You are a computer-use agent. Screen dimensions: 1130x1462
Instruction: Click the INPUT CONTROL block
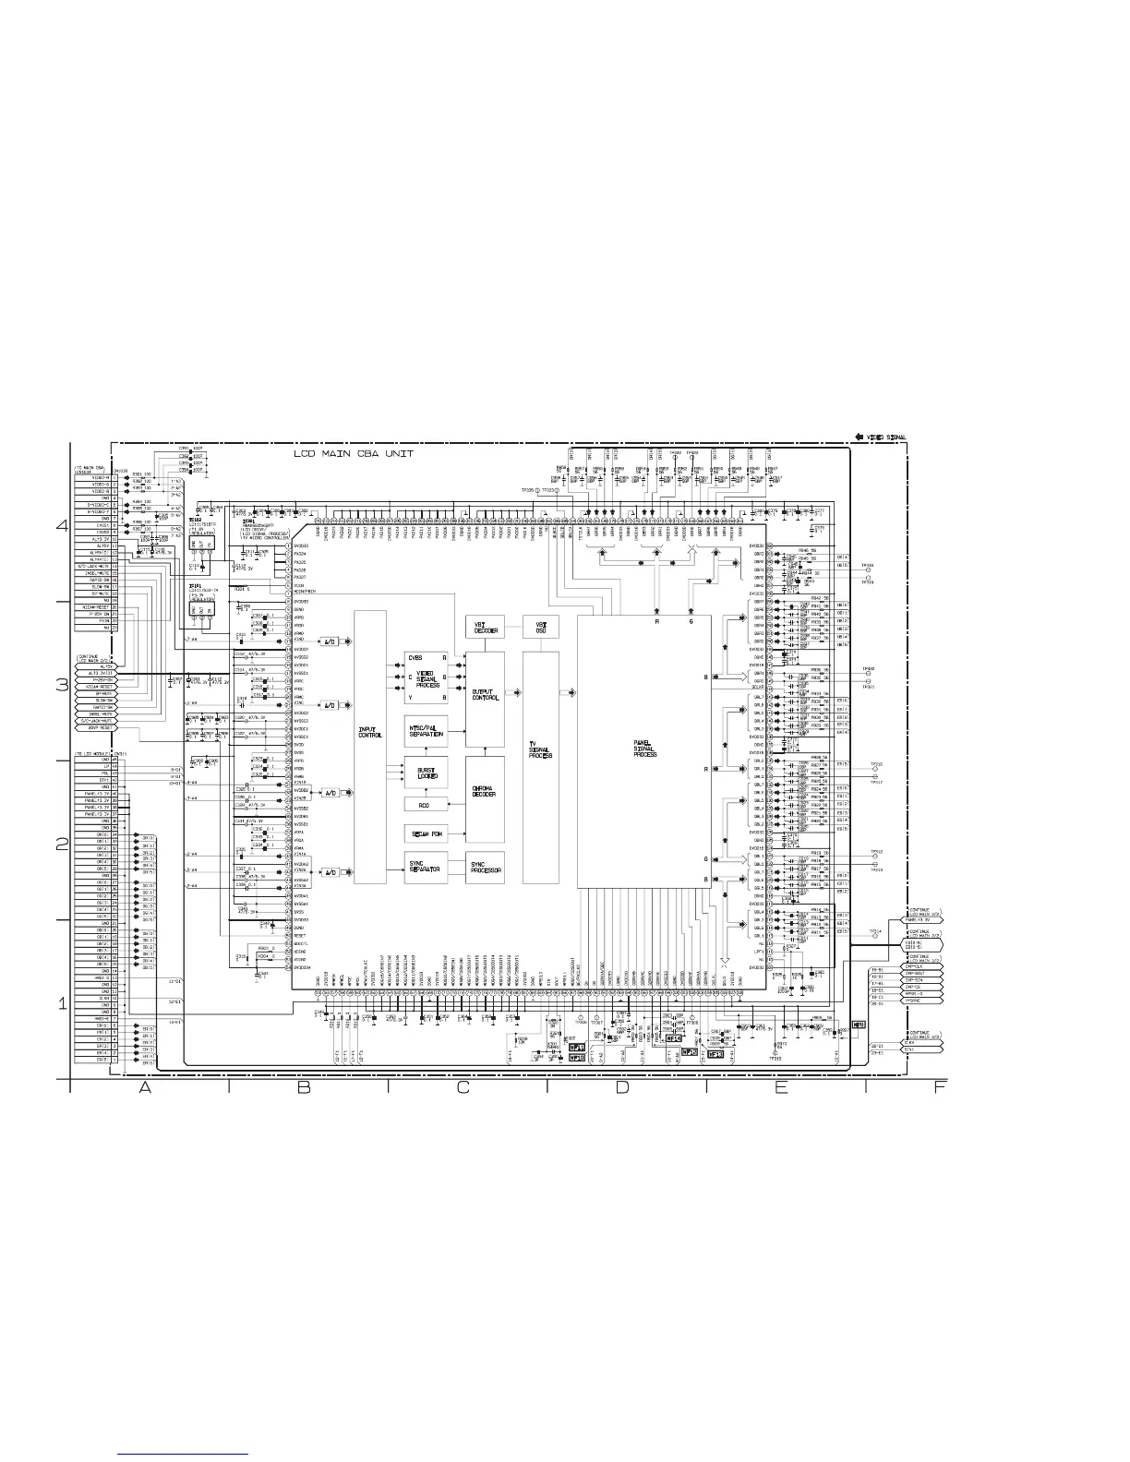click(370, 747)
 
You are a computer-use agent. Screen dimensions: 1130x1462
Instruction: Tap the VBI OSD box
click(540, 628)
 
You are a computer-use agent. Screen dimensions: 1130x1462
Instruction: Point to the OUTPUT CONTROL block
click(485, 694)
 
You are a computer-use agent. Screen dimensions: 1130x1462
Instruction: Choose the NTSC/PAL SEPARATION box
click(427, 732)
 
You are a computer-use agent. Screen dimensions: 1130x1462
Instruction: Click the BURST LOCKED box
click(427, 773)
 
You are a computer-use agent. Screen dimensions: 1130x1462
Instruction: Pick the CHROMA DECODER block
click(485, 791)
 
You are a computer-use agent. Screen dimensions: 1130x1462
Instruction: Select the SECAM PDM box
click(427, 833)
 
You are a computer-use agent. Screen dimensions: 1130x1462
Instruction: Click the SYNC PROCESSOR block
click(485, 869)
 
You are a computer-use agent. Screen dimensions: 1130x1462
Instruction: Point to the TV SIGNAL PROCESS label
click(540, 749)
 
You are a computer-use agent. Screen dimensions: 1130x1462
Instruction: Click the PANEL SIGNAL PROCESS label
click(644, 749)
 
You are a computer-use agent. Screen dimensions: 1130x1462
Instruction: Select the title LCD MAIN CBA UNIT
click(354, 454)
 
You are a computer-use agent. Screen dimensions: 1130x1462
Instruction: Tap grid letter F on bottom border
click(939, 1088)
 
